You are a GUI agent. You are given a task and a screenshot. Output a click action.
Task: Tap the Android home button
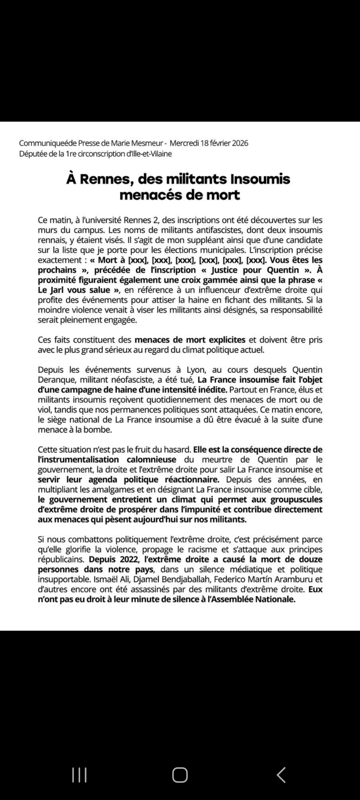tap(180, 775)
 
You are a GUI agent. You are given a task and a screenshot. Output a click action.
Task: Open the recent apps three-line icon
tap(79, 775)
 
